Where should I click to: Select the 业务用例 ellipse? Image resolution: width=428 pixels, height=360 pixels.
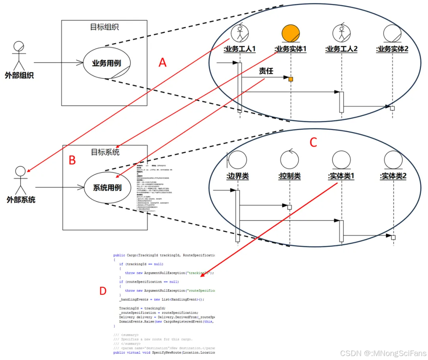(106, 63)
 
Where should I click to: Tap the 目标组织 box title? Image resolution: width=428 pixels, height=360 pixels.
(104, 27)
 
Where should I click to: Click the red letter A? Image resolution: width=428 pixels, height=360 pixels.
(162, 62)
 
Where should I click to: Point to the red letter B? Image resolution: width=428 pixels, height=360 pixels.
(72, 160)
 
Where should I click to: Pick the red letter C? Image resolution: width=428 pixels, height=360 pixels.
(313, 142)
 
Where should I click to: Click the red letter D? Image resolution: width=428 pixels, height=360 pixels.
(103, 291)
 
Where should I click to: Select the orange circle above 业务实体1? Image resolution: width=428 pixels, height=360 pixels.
(291, 34)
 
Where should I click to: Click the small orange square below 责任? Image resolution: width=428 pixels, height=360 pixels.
(291, 79)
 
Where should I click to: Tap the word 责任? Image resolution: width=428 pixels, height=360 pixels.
(266, 71)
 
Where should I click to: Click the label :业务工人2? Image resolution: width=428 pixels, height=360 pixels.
(341, 49)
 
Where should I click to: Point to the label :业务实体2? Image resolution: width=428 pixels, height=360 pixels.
(392, 49)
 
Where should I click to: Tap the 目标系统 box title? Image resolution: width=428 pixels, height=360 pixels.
(105, 152)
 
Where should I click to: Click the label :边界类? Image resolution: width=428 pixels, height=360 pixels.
(238, 176)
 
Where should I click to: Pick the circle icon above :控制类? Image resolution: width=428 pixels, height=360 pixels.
(289, 160)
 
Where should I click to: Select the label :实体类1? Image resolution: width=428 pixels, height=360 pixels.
(341, 176)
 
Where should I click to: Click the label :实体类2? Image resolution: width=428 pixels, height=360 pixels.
(393, 176)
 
